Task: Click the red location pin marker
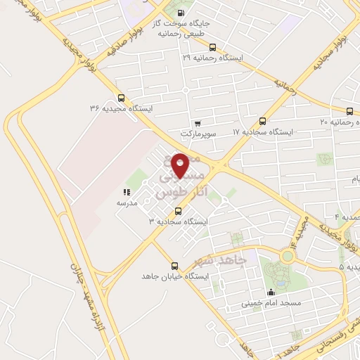181,165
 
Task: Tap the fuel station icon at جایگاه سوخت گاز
182,13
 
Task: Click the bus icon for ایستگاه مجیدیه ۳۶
121,98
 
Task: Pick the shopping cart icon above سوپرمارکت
198,124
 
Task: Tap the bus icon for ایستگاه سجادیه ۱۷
263,122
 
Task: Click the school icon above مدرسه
126,192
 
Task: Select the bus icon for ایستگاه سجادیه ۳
177,211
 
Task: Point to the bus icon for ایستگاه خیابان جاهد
174,266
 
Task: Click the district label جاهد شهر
219,263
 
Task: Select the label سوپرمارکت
196,133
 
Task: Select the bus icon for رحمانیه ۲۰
349,111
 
